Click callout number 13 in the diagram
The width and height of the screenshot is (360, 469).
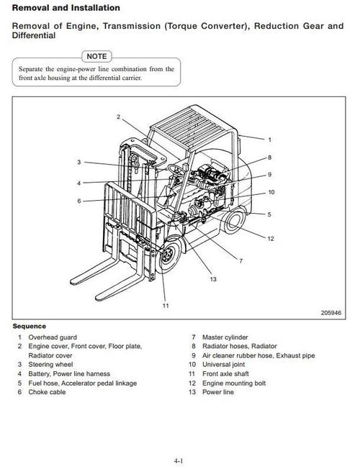213,279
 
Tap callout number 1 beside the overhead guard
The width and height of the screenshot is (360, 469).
269,139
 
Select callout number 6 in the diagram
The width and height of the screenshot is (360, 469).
79,201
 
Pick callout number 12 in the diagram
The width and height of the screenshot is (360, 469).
271,238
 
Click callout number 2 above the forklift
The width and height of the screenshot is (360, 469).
118,116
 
